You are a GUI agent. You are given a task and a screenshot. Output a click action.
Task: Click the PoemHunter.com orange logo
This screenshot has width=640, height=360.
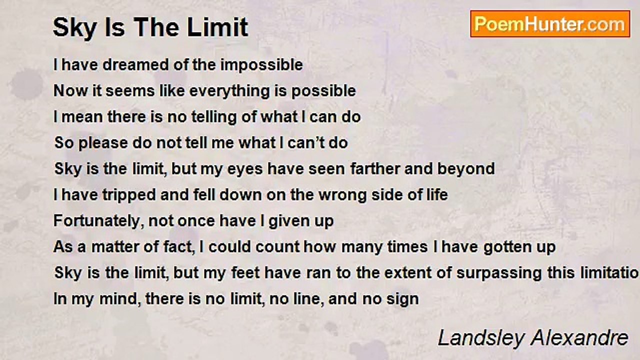point(550,24)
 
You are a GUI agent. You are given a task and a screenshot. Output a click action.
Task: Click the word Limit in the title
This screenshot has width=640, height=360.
point(217,27)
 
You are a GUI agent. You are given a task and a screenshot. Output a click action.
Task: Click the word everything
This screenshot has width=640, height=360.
point(229,91)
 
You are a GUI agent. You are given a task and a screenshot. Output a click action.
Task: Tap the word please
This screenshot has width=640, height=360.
point(103,143)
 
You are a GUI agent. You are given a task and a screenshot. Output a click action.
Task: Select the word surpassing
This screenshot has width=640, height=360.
point(499,273)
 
